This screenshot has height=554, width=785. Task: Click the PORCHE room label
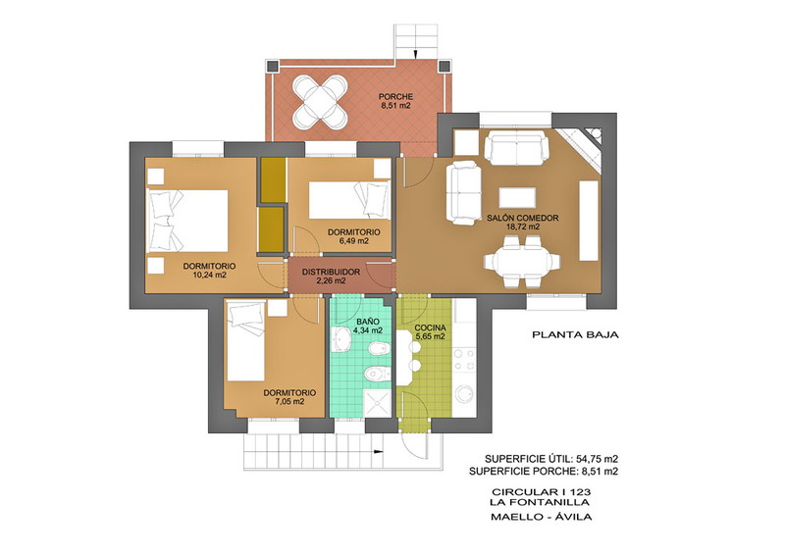tap(395, 97)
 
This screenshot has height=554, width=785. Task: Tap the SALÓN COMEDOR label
tap(523, 219)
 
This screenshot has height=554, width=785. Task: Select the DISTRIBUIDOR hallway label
tap(331, 273)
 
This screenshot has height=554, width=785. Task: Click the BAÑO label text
tap(367, 322)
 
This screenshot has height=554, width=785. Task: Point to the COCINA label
tap(430, 327)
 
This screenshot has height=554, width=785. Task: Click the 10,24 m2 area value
tap(209, 275)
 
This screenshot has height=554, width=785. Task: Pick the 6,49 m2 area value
tap(353, 240)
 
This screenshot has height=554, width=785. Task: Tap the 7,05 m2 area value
tap(289, 401)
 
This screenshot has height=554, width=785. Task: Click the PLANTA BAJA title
tap(575, 334)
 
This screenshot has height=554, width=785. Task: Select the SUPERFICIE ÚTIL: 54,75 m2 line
tap(551, 459)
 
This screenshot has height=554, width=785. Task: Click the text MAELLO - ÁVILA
tap(542, 517)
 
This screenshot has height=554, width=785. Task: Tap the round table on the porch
tap(320, 103)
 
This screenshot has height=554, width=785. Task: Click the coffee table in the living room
tap(518, 197)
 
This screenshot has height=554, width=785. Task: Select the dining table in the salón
tap(522, 261)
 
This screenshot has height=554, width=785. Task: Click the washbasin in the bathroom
tap(341, 340)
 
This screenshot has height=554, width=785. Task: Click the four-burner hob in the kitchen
tap(464, 360)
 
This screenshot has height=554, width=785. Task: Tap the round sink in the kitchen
tap(465, 394)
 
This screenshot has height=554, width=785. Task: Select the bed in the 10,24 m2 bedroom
tap(187, 222)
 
